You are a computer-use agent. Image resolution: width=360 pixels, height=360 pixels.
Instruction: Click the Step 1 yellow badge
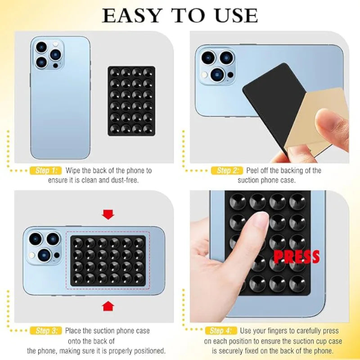45,171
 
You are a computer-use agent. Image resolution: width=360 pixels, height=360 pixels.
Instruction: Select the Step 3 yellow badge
45,331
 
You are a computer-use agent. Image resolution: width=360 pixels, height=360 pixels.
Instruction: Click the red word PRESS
297,256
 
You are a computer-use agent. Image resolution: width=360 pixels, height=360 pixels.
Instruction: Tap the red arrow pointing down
108,214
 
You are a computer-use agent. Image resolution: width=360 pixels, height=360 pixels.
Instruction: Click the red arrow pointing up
108,306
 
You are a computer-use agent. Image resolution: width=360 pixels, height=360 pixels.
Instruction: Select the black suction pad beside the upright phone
131,100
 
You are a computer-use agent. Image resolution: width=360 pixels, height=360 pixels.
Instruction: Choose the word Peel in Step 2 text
255,171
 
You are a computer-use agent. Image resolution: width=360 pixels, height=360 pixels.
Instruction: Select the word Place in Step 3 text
75,331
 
